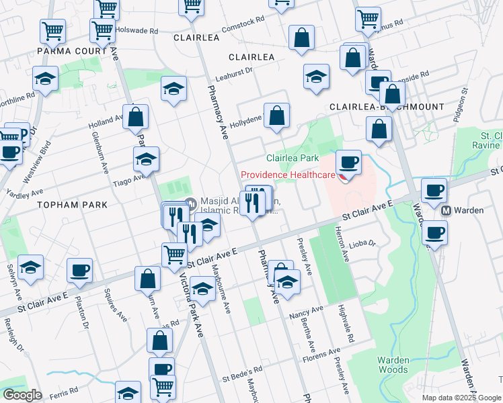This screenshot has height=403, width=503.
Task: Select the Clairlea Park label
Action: [292, 159]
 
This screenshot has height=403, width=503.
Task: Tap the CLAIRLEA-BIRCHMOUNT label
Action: [386, 107]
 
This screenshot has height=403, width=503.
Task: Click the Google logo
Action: [22, 395]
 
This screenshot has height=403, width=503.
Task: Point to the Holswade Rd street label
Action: [137, 31]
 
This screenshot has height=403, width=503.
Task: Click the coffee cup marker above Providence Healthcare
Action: [348, 162]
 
